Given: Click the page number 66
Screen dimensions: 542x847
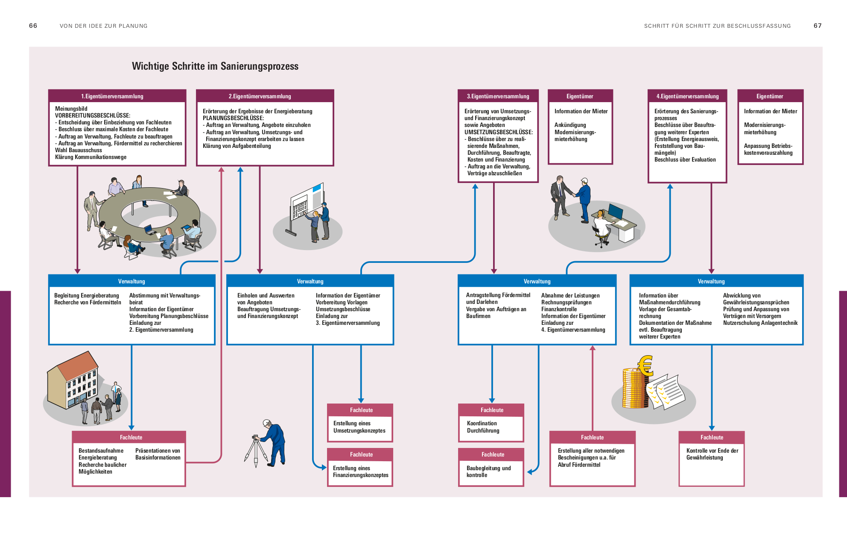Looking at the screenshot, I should coord(33,26).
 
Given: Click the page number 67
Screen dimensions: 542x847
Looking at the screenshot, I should coord(817,26).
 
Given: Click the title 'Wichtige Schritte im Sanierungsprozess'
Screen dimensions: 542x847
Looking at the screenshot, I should coord(215,66).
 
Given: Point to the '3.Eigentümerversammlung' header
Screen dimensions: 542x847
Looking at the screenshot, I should coord(498,96).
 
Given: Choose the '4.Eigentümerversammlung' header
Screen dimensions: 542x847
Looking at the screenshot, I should coord(687,96).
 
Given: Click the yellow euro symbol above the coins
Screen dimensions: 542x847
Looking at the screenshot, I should coord(645,365).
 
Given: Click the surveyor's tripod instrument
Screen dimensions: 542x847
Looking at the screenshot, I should coord(256,449).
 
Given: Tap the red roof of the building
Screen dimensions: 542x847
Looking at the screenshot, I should coord(77,365).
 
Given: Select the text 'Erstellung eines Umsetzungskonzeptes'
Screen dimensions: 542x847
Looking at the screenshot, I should coord(359,427).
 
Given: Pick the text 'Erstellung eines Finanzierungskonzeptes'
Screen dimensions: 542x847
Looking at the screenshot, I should coord(360,471).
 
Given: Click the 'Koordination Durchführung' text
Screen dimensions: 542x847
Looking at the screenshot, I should coord(482,427).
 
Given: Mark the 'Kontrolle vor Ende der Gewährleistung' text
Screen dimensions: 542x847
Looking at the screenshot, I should coord(712,454).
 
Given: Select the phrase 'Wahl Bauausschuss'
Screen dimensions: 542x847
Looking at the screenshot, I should coord(79,150).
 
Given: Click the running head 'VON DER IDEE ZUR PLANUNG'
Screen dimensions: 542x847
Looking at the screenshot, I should coord(103,26).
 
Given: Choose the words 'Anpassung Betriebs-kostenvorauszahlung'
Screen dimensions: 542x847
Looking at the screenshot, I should coord(768,149).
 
